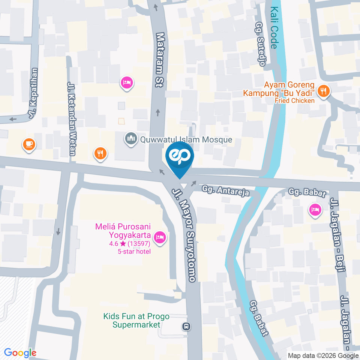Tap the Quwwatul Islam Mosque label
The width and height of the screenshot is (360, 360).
(186, 140)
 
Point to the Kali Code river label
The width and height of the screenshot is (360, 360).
(274, 28)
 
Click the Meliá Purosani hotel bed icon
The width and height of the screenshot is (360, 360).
(160, 237)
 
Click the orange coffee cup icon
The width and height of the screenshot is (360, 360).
(29, 144)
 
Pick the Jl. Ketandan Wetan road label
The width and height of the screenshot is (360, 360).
(72, 118)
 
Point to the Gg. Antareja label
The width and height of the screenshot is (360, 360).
(226, 190)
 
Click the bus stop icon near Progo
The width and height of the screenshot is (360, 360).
(186, 326)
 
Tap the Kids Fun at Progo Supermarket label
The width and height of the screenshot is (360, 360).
(136, 321)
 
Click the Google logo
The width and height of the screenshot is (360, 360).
(20, 352)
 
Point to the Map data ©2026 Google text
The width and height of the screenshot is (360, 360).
(323, 355)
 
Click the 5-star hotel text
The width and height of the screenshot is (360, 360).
(134, 251)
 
